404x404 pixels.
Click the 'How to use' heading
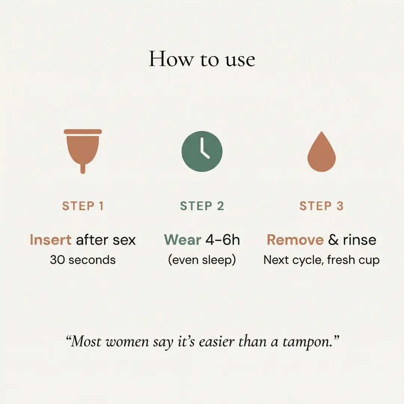click(202, 59)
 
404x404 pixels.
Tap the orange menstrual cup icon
click(83, 151)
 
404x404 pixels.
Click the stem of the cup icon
click(83, 169)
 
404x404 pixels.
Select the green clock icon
click(202, 151)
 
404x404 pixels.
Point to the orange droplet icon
click(322, 151)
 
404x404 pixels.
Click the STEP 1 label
click(83, 206)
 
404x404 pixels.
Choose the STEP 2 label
click(202, 206)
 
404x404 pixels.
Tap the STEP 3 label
click(322, 206)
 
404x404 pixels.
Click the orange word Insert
click(50, 240)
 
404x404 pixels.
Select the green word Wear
click(183, 240)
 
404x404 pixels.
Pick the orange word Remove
click(295, 240)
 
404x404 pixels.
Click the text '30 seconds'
click(83, 260)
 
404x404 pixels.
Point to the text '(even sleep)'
click(202, 260)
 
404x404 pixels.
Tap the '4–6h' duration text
click(223, 240)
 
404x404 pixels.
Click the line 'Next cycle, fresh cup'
click(322, 260)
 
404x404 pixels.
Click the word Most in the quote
click(86, 342)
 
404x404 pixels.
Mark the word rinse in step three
click(359, 240)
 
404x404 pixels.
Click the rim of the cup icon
click(83, 132)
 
